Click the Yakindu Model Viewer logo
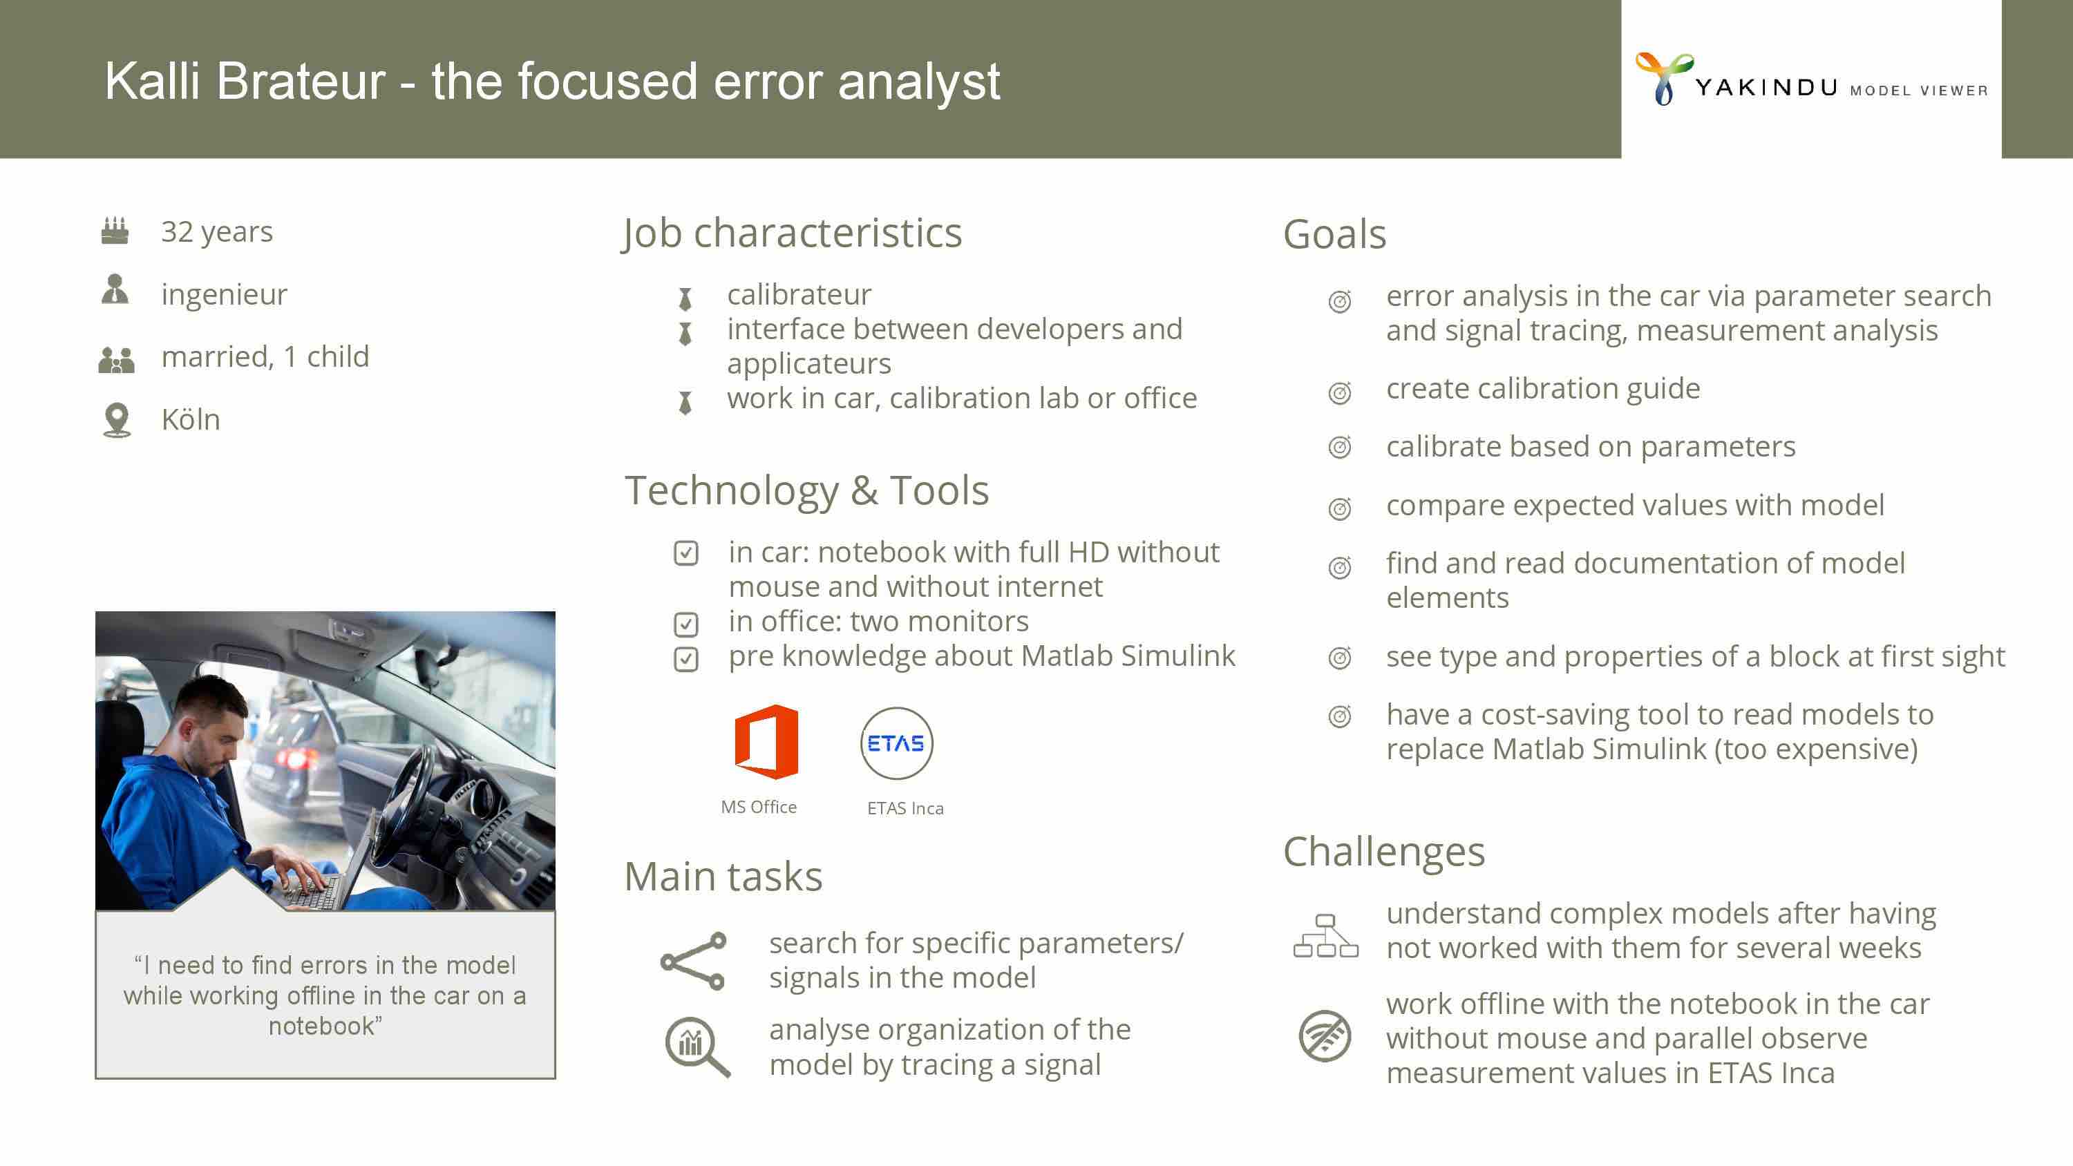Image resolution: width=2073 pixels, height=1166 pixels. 1810,79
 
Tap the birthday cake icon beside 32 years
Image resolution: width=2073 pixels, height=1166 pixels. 115,231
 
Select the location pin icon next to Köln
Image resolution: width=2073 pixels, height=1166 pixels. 117,420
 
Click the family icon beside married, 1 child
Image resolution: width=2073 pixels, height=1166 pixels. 116,359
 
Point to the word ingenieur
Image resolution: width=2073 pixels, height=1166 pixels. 224,294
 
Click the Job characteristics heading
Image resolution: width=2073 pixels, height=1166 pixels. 792,233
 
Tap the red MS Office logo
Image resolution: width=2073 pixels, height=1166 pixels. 766,742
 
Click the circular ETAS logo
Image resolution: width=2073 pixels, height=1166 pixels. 896,743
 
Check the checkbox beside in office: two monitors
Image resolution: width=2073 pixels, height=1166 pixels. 685,624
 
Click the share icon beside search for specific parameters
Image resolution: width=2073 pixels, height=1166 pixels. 693,961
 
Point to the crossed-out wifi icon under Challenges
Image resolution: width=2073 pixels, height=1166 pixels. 1325,1036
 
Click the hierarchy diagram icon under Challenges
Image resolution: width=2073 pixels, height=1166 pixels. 1325,936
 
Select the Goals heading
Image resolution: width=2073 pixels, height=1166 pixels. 1334,234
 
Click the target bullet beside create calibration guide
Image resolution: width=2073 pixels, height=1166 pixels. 1340,392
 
